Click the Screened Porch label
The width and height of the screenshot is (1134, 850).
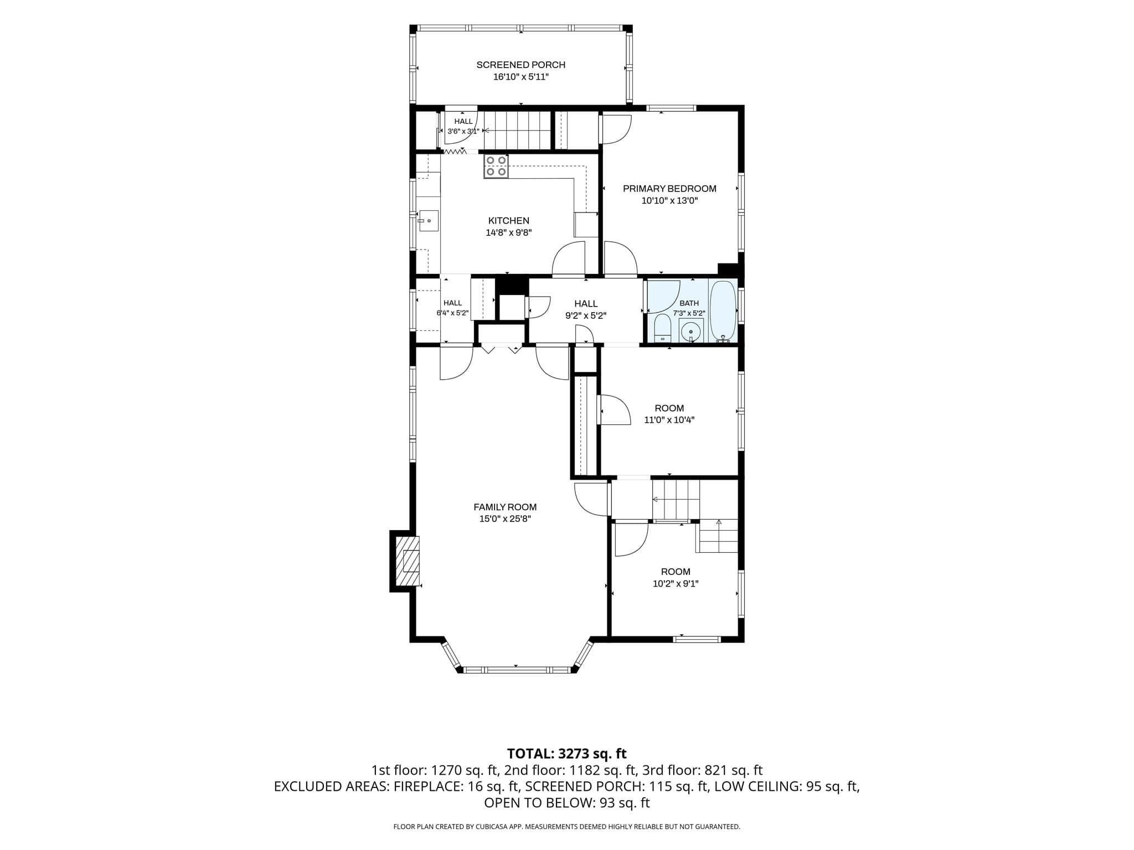click(521, 65)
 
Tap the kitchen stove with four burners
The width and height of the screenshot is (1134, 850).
click(496, 166)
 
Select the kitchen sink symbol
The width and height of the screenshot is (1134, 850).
click(428, 221)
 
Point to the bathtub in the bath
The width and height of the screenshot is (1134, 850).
click(723, 312)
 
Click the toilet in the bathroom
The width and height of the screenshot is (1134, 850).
click(662, 328)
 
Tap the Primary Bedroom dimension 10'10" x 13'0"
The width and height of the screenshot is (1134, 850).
click(669, 201)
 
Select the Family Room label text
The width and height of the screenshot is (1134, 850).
click(505, 507)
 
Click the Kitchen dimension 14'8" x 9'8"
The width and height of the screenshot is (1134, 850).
click(509, 233)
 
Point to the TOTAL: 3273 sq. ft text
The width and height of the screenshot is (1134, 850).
click(567, 754)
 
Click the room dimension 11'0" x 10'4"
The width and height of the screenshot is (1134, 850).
click(669, 420)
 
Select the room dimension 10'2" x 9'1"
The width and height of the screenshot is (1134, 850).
click(676, 583)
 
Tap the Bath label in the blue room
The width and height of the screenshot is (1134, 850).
click(689, 303)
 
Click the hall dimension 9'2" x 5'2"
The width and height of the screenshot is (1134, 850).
click(586, 316)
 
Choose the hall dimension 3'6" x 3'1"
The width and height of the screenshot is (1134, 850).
click(463, 131)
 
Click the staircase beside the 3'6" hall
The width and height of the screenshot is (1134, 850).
click(517, 131)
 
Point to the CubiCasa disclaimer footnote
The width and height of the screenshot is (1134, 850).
click(566, 827)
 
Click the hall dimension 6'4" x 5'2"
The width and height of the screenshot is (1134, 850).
click(453, 313)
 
